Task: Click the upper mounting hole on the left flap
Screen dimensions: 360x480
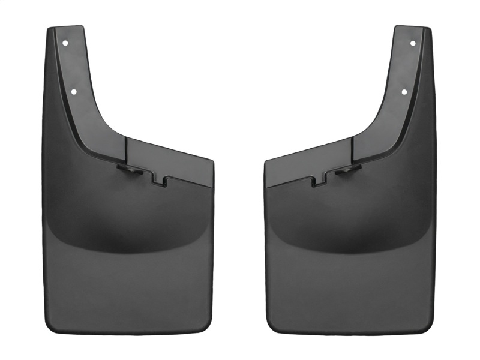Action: pos(65,43)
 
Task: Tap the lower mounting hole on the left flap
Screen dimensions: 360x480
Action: pos(74,92)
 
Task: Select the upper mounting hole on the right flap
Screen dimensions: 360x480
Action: pos(412,43)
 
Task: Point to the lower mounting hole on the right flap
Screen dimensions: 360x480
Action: pos(404,92)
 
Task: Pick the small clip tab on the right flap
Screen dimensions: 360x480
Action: pos(347,171)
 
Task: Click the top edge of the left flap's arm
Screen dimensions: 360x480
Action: pos(65,28)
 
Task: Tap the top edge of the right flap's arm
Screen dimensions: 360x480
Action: pos(412,28)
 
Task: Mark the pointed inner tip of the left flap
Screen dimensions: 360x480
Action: pos(212,161)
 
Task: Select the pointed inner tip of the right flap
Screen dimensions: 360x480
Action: pos(266,161)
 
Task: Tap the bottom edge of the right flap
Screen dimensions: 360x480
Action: pos(350,334)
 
